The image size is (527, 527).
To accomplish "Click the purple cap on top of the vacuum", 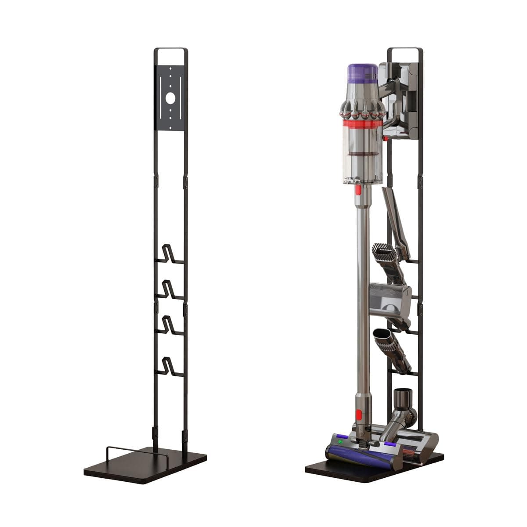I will coord(363,73).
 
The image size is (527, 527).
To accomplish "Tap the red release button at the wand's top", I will coord(358,190).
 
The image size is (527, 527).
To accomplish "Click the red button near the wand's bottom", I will coord(359,414).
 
